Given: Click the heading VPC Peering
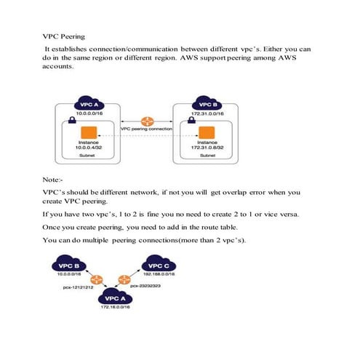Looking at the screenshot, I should (x=65, y=35).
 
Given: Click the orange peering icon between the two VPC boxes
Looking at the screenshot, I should (x=148, y=121).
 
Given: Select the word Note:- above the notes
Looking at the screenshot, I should (x=54, y=178).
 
